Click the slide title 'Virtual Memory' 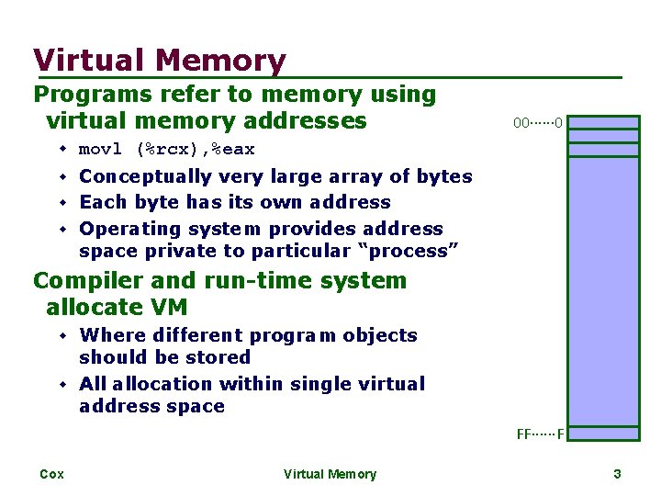[160, 61]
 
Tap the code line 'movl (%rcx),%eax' [167, 149]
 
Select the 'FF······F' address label [540, 434]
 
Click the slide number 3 [617, 474]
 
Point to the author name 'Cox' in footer [51, 474]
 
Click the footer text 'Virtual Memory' [330, 474]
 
